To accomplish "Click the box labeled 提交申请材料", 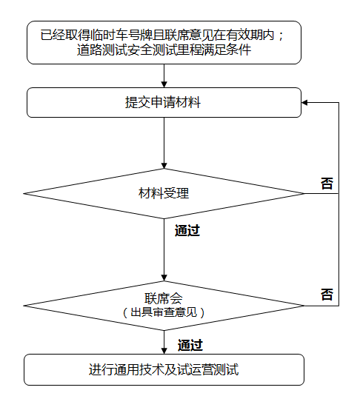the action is [164, 102].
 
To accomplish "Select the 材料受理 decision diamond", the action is [164, 194].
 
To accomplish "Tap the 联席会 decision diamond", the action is [164, 306].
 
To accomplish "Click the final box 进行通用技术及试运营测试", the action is [164, 369].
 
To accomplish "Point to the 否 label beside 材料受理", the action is [327, 184].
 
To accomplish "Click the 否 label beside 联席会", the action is [327, 295].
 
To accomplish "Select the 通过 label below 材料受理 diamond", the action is [187, 231].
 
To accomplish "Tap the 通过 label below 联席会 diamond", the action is [190, 345].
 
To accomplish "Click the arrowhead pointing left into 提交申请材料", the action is [304, 102].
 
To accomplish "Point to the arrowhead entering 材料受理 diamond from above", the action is [164, 166].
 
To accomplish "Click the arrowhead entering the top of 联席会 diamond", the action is [164, 278].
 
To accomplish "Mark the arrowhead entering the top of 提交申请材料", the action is [164, 84].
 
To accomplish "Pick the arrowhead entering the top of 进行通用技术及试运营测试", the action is [164, 351].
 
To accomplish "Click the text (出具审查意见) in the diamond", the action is [164, 312].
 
